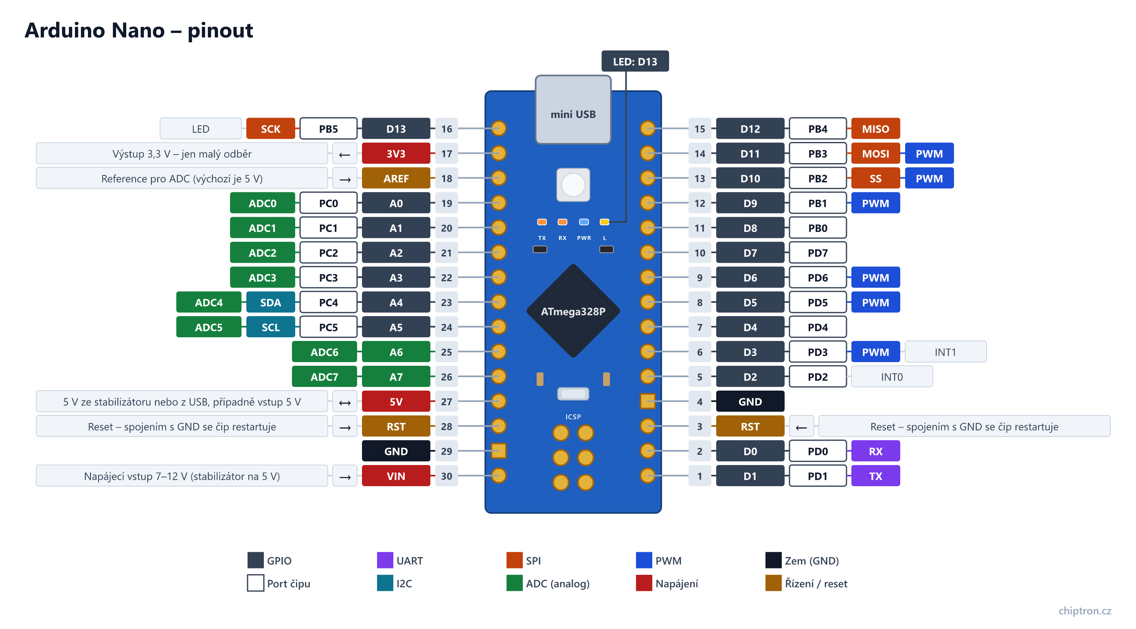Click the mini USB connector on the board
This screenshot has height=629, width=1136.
pos(573,109)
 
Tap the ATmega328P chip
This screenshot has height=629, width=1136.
pos(573,311)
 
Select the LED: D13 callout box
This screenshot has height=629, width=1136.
pos(635,61)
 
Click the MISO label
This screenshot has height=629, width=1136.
pos(875,129)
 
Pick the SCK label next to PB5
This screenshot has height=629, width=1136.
pos(270,129)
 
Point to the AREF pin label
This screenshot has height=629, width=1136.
pos(396,179)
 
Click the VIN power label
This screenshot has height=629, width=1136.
pos(396,476)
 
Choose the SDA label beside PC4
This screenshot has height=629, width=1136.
pos(270,302)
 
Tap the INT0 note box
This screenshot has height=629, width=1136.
pos(891,377)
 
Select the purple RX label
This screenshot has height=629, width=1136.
pos(875,451)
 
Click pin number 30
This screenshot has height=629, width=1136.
pos(446,476)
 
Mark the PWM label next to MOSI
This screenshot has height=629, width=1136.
pos(929,153)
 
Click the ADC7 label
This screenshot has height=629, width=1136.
pos(324,377)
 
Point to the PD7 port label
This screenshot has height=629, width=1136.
pos(817,253)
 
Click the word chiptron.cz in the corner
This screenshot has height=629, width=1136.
pos(1084,610)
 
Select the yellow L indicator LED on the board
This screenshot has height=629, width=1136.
pos(604,222)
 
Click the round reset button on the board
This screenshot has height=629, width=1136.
pos(573,185)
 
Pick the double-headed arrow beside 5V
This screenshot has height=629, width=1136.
pos(344,402)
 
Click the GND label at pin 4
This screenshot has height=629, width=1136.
pos(750,402)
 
